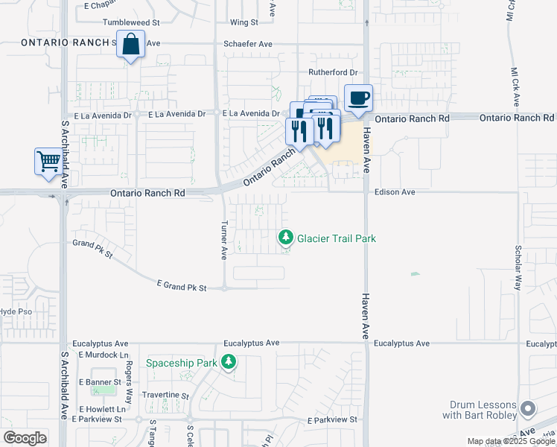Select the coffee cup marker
pos(358,98)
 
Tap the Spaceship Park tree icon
pos(228,363)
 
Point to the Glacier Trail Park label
pos(337,238)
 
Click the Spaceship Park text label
pos(181,363)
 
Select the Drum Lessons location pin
pos(528,408)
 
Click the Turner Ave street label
pos(223,240)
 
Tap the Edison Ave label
pos(395,191)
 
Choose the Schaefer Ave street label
pos(249,44)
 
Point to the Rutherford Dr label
pos(334,72)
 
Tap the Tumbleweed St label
pos(131,23)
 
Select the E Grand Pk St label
pos(181,285)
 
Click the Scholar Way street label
pos(517,264)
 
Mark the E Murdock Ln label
pos(104,355)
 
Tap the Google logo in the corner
pos(24,437)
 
